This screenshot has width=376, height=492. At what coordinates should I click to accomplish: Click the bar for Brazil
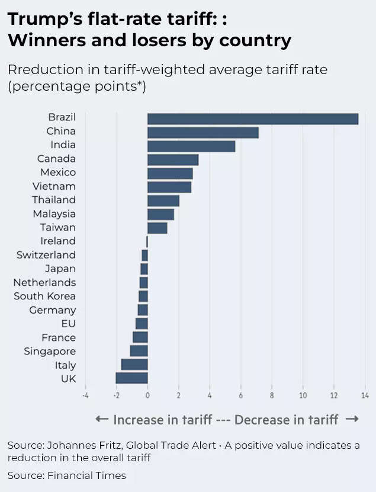pos(252,118)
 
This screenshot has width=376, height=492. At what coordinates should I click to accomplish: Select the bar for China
pos(203,132)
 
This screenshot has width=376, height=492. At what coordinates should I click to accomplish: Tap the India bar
pos(191,145)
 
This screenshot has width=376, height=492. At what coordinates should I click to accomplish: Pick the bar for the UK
pos(131,378)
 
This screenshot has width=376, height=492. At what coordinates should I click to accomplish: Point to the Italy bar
pos(134,365)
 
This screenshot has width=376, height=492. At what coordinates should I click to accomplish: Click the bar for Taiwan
pos(157,228)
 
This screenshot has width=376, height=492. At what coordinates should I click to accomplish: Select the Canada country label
pos(56,159)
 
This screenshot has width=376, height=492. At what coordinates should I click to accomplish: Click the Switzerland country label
pos(46,255)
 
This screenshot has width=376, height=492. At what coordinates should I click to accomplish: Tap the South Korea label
pos(44,296)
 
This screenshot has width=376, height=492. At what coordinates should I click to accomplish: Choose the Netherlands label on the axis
pos(44,282)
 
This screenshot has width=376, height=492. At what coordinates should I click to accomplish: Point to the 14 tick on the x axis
pos(364,395)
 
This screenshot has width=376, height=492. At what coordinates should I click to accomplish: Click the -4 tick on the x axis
pos(85,395)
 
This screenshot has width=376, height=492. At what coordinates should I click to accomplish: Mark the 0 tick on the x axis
pos(147,395)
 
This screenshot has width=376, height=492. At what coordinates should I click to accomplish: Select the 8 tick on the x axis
pos(272,395)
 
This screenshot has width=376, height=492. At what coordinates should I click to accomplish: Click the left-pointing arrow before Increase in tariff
pos(101,420)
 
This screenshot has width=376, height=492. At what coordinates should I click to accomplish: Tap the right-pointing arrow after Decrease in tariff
pos(352,420)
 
